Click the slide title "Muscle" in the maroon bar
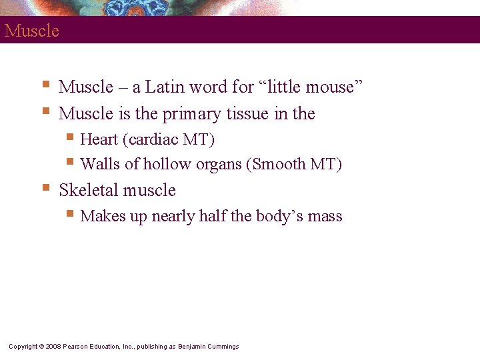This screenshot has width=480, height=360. [x=31, y=31]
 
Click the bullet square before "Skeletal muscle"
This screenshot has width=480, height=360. [x=45, y=188]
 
